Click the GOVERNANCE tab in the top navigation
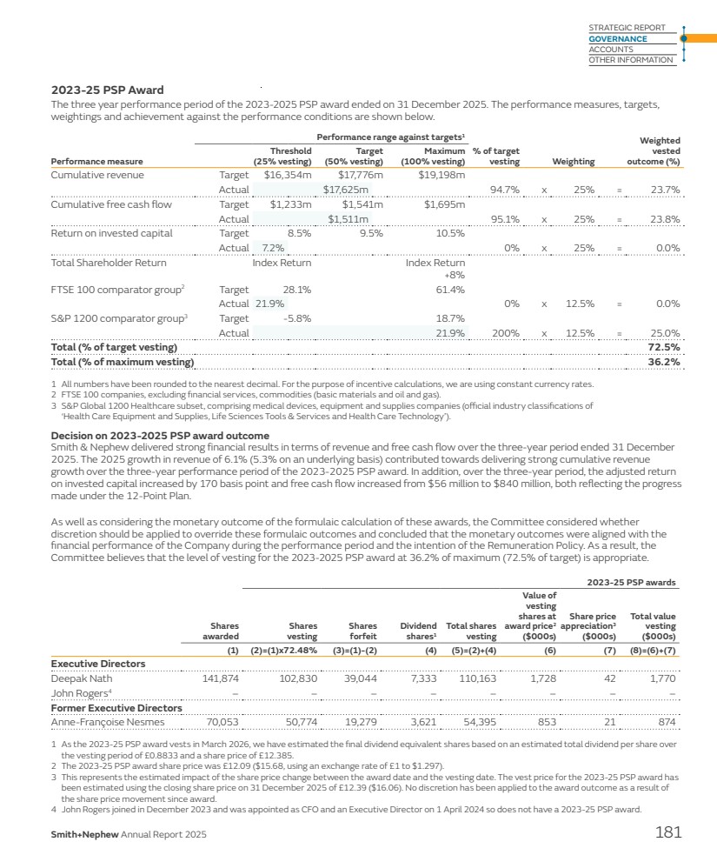(x=618, y=39)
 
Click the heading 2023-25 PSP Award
(x=107, y=90)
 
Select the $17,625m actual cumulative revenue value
(x=346, y=189)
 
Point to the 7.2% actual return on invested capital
(x=274, y=248)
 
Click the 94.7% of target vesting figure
(x=505, y=189)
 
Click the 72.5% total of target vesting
(x=664, y=347)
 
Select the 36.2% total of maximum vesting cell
(x=664, y=362)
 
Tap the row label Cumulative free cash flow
(x=111, y=205)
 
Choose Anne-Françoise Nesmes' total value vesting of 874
(x=665, y=722)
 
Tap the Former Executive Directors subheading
(x=116, y=708)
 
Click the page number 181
(x=667, y=833)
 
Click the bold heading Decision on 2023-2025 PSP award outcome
(x=160, y=435)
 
